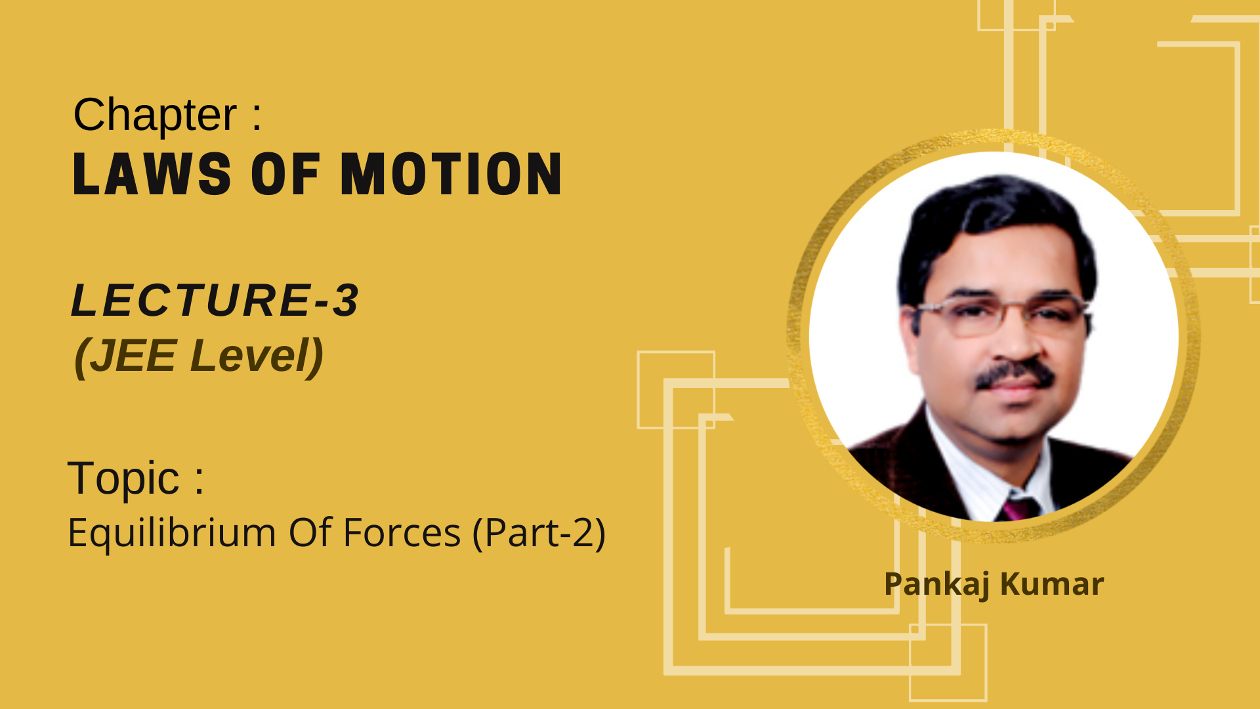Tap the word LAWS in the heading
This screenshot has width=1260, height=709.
(152, 174)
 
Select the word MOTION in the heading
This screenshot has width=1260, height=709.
(451, 174)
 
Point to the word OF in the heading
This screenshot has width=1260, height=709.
(285, 174)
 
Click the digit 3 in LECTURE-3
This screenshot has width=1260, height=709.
(345, 300)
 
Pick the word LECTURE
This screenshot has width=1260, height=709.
(190, 300)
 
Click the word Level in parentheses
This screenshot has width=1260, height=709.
(249, 356)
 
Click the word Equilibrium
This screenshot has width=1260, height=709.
(172, 533)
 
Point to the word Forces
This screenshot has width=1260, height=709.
(402, 532)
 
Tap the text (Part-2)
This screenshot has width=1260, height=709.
(539, 532)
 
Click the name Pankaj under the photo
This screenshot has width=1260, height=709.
(937, 584)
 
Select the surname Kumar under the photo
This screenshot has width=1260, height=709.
(1052, 584)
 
